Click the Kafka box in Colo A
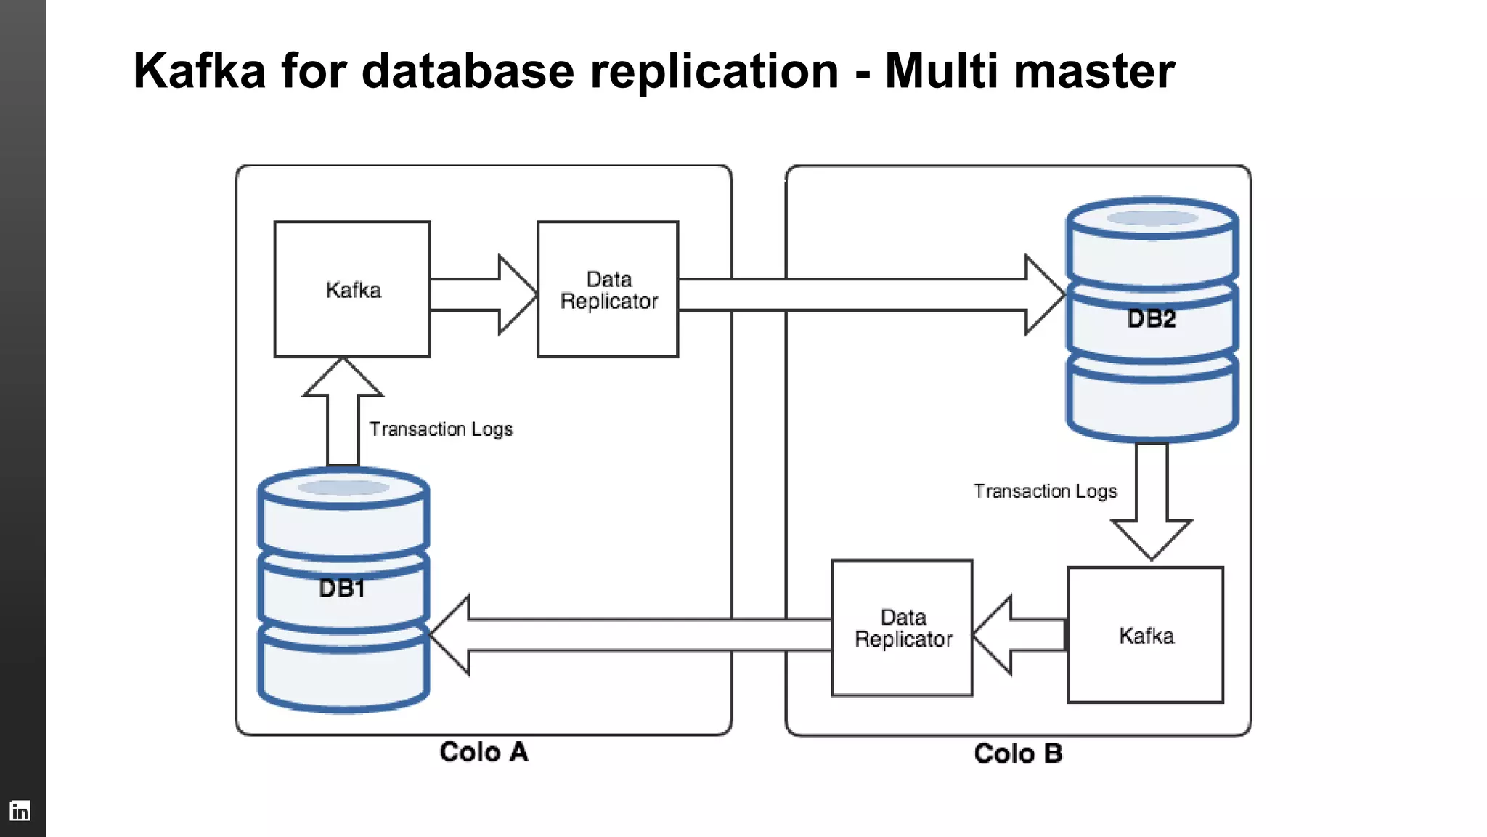(x=352, y=289)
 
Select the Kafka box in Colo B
(x=1145, y=635)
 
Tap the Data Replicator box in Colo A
(x=608, y=289)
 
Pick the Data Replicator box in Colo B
(x=902, y=628)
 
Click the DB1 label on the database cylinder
(x=342, y=588)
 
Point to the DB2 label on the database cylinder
(x=1152, y=318)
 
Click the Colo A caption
(x=484, y=752)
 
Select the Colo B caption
(x=1018, y=753)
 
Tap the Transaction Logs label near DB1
(x=441, y=429)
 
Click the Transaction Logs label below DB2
(x=1045, y=491)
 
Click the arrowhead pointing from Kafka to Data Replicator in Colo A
(x=516, y=294)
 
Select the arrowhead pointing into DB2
(x=1043, y=294)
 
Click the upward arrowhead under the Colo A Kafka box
(x=343, y=378)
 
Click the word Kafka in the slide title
(x=199, y=71)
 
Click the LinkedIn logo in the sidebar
(x=20, y=810)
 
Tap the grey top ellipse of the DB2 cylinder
(x=1152, y=218)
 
